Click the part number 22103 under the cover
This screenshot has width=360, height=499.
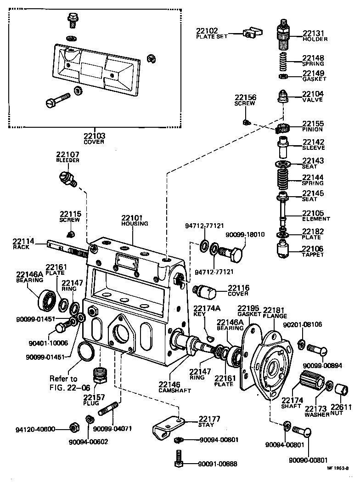[x=94, y=136]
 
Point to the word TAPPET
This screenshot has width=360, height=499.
[x=313, y=255]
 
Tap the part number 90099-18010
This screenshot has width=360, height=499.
[x=245, y=234]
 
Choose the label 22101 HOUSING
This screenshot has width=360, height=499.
[x=135, y=220]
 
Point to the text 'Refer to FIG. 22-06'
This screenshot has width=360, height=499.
[x=64, y=383]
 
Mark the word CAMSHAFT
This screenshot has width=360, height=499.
[x=176, y=391]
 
